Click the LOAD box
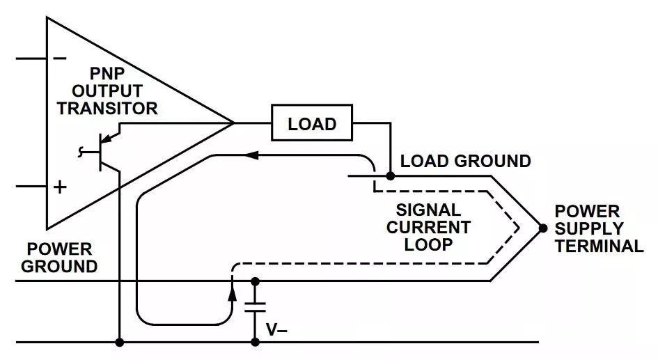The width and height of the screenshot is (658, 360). (312, 124)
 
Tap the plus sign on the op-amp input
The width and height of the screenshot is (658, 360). (61, 187)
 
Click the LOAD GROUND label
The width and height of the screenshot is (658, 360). (465, 162)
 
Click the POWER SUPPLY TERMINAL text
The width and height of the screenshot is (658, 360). (598, 228)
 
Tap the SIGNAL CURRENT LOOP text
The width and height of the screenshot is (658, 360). (428, 227)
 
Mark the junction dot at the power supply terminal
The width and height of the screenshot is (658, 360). (542, 228)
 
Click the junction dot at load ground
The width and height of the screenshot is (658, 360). (391, 176)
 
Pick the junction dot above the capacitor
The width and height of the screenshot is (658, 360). (256, 281)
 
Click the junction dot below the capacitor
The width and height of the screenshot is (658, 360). (256, 342)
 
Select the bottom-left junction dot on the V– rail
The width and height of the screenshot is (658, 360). (120, 342)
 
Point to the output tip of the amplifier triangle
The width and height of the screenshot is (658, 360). (233, 123)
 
